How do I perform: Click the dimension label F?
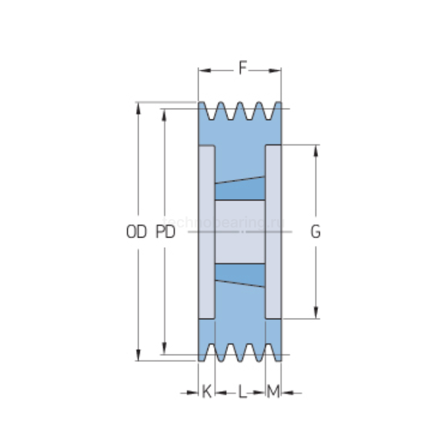click(x=242, y=68)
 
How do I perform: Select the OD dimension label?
click(x=136, y=232)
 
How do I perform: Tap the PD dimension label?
click(x=165, y=232)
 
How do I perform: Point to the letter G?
click(x=315, y=232)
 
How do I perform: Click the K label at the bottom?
click(x=206, y=392)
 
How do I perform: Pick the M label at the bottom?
click(x=273, y=392)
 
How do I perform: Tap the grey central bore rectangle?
click(x=239, y=231)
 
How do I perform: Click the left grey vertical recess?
click(x=206, y=232)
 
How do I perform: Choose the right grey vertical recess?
click(x=273, y=232)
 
